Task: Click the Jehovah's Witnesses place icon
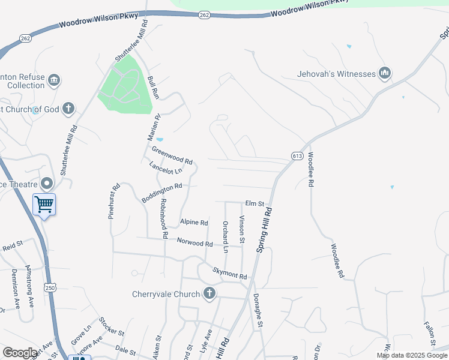(385, 74)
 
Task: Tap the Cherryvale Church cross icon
(209, 293)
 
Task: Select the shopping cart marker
(44, 205)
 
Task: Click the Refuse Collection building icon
(54, 80)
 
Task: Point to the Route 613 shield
(297, 155)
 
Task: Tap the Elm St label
(255, 204)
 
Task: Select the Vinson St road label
(243, 229)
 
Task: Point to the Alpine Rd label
(194, 222)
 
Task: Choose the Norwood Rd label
(195, 244)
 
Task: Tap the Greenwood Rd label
(172, 156)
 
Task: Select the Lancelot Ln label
(165, 168)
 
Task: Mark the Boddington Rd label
(161, 193)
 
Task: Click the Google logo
(20, 353)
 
